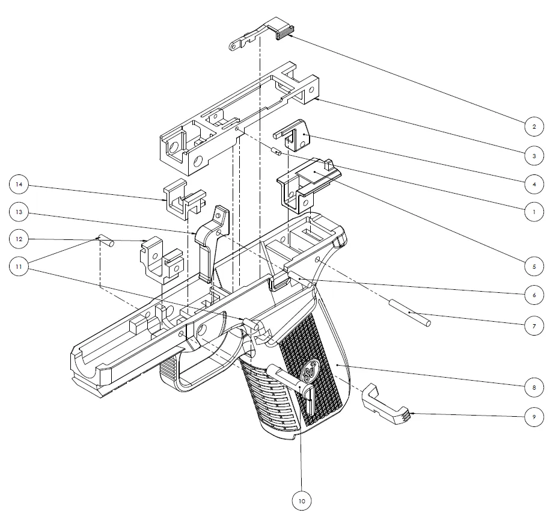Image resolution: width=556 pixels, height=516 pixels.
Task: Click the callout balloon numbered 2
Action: (x=533, y=127)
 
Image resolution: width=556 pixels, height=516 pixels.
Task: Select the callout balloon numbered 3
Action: (x=533, y=156)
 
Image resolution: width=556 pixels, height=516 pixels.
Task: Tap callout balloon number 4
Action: (x=533, y=183)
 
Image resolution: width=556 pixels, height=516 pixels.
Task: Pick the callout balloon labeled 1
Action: (x=533, y=211)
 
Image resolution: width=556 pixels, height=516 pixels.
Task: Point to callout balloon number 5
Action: (x=533, y=265)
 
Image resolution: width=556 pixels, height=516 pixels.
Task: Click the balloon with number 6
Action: (x=533, y=295)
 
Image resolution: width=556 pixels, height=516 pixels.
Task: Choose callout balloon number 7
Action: (x=533, y=325)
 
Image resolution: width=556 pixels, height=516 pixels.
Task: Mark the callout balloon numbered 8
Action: (x=533, y=387)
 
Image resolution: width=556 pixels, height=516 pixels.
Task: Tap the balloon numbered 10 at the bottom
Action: (x=302, y=499)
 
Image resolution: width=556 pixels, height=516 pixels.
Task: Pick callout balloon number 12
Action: (x=20, y=239)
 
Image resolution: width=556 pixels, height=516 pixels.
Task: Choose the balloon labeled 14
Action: (x=20, y=184)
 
